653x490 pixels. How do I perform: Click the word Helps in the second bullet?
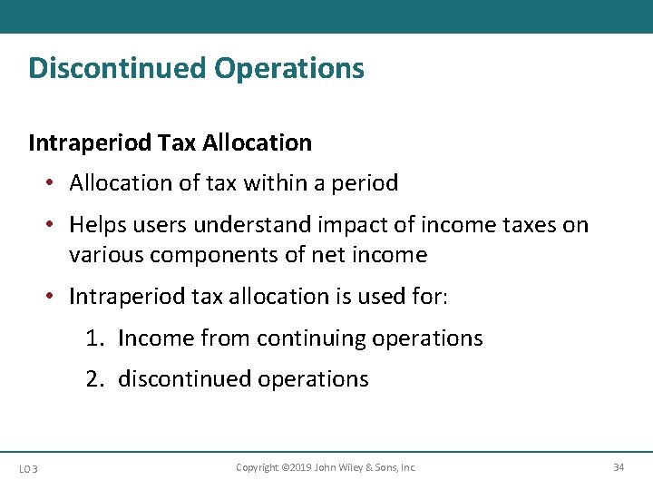96,225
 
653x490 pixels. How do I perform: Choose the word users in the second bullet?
159,225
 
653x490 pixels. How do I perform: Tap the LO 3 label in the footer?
27,468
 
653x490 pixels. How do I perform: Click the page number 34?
619,467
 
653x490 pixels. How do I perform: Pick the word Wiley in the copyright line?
347,467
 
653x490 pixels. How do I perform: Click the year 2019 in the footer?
298,467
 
